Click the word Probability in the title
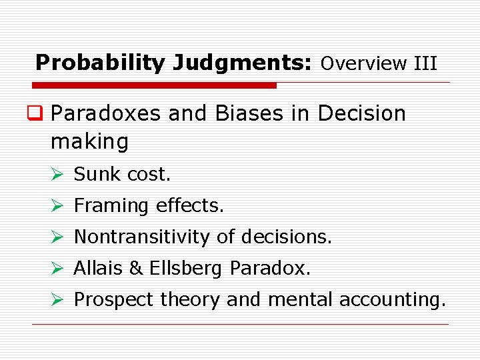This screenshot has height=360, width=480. [x=99, y=63]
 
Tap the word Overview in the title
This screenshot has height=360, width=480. [x=364, y=64]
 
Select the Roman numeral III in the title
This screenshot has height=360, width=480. [x=425, y=64]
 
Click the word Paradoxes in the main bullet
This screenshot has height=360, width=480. [x=107, y=113]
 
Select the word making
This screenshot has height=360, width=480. [x=89, y=141]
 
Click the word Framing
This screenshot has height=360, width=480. [x=112, y=206]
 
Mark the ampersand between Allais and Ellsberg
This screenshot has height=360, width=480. [x=135, y=268]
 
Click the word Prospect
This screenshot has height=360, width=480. [x=113, y=300]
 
